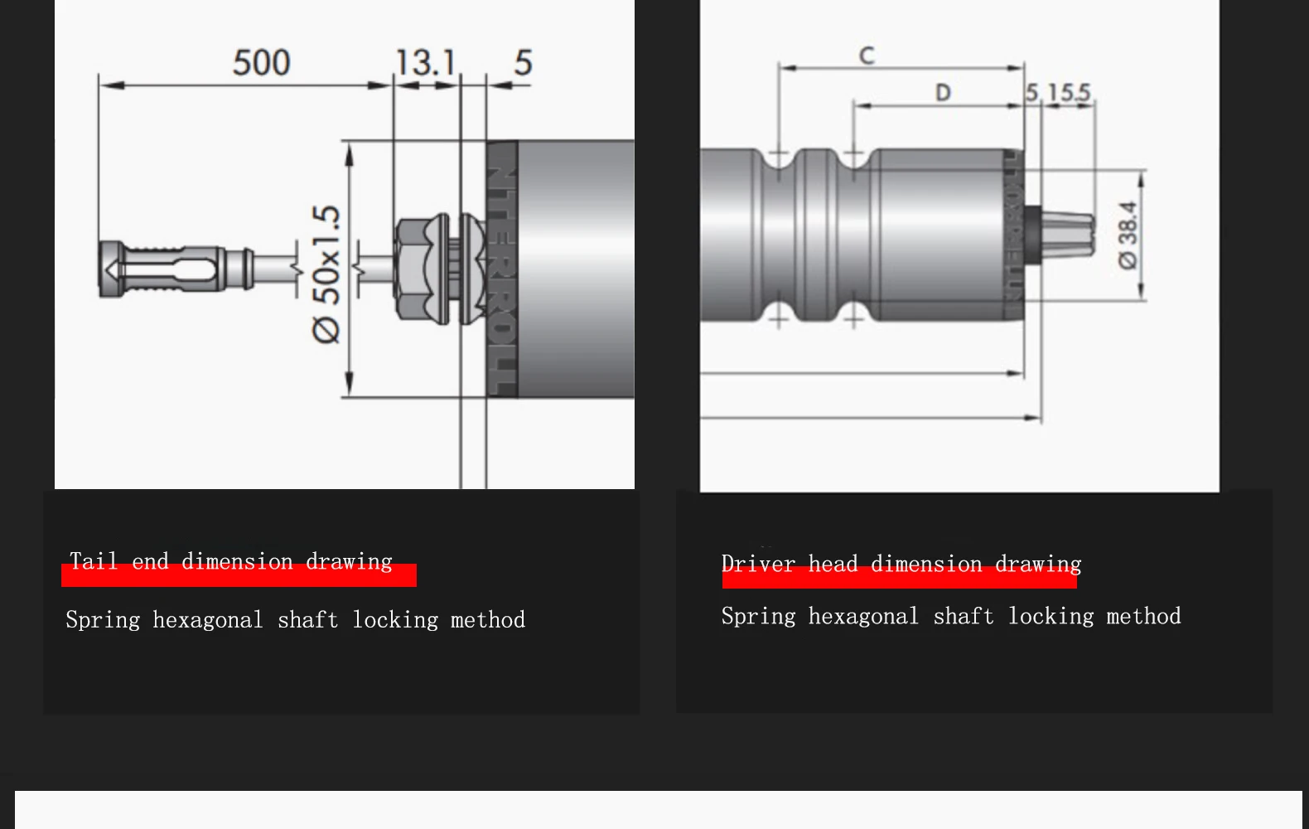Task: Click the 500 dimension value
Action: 261,63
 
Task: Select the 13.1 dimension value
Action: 426,63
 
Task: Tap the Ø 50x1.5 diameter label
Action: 326,274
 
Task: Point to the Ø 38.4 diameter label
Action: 1128,235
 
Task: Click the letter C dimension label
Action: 867,56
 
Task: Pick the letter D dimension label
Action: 943,93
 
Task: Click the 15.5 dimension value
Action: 1069,92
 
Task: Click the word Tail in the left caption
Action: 93,562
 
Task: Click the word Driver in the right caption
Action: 757,565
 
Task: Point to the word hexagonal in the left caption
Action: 207,620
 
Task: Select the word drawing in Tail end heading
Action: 348,562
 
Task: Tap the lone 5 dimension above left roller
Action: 523,63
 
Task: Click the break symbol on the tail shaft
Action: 297,269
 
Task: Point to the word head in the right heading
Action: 832,565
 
